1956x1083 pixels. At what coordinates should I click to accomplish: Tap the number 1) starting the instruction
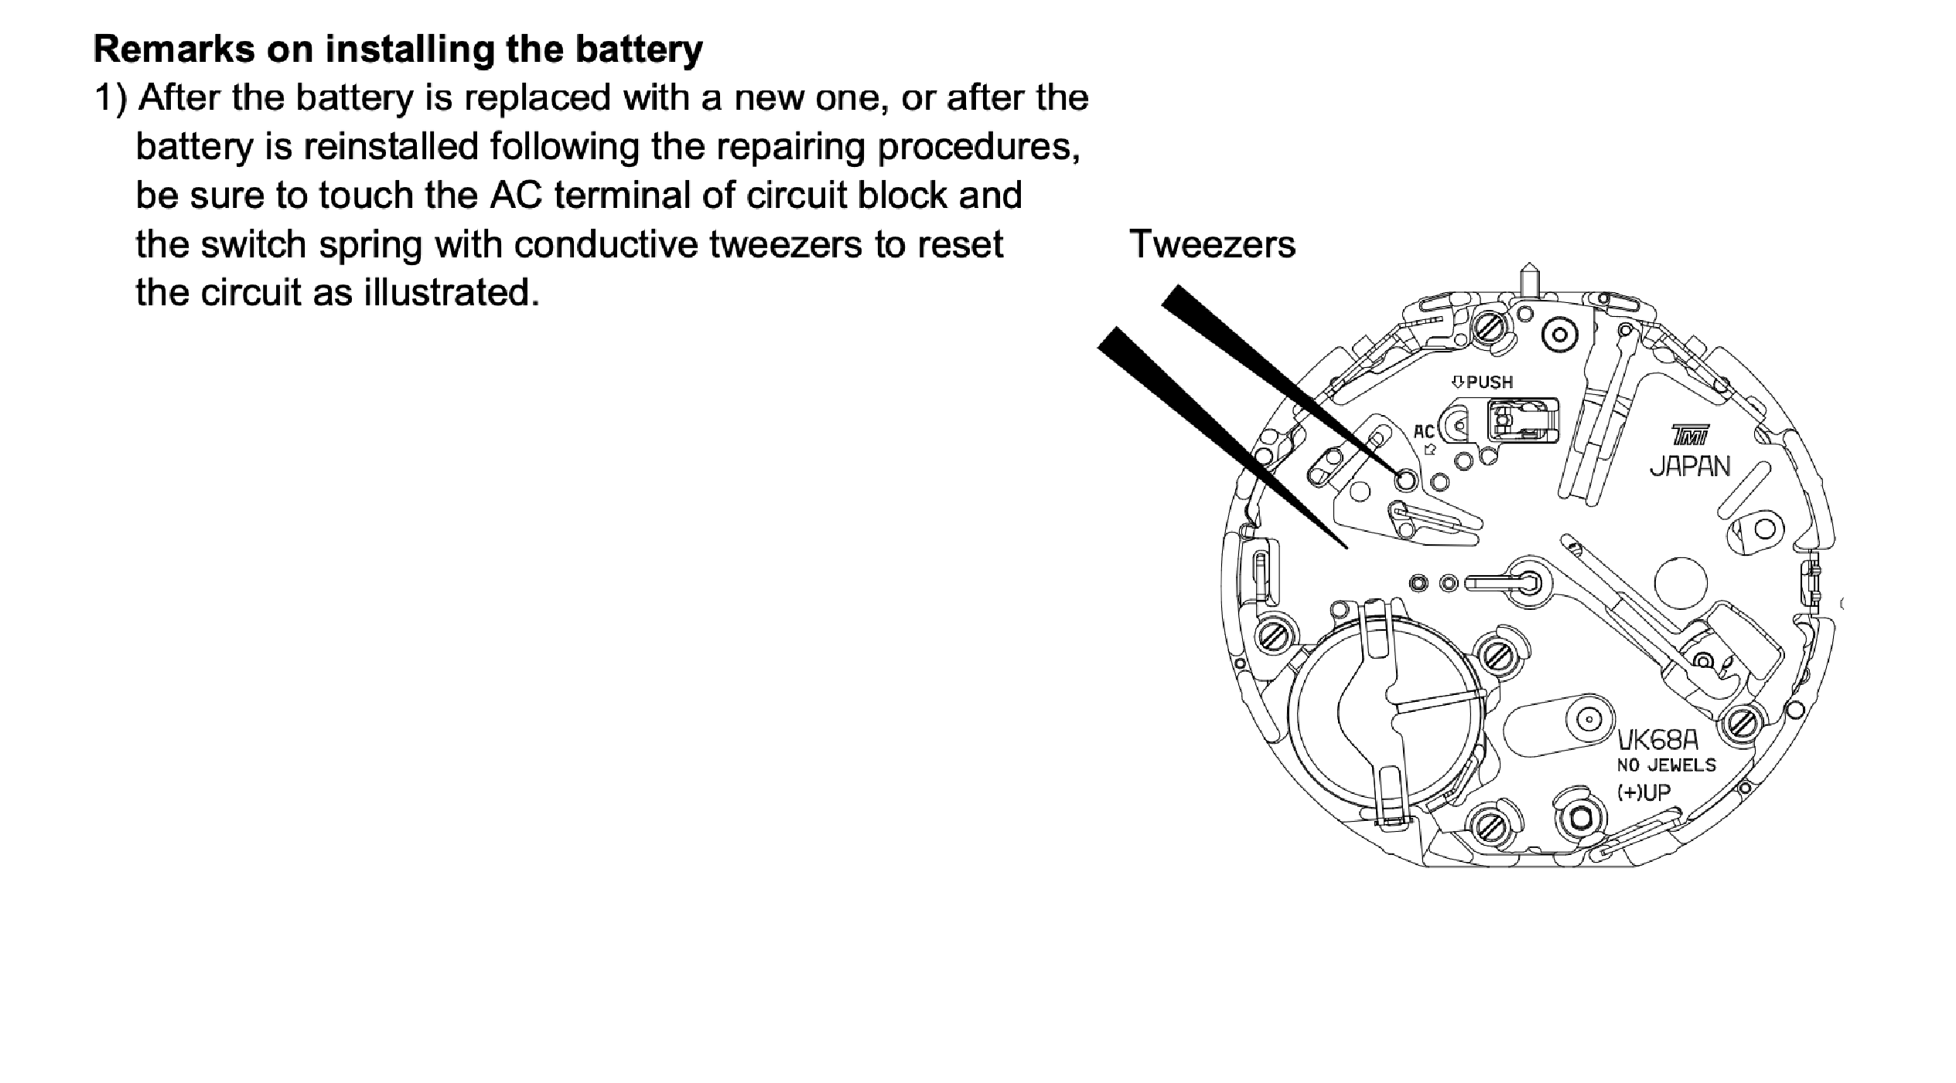click(x=111, y=99)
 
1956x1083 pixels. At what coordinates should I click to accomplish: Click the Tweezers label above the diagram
click(x=1212, y=245)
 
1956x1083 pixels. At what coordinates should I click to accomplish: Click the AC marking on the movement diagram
click(x=1424, y=432)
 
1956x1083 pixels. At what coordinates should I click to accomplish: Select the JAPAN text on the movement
click(x=1690, y=466)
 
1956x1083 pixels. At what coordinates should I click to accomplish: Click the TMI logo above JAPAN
click(x=1690, y=435)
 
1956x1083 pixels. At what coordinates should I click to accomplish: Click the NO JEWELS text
click(x=1667, y=765)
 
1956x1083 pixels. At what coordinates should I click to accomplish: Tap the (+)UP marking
click(x=1644, y=792)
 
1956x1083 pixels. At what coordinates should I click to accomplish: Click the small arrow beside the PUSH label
click(x=1457, y=382)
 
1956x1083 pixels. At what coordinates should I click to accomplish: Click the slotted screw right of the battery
click(x=1497, y=655)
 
